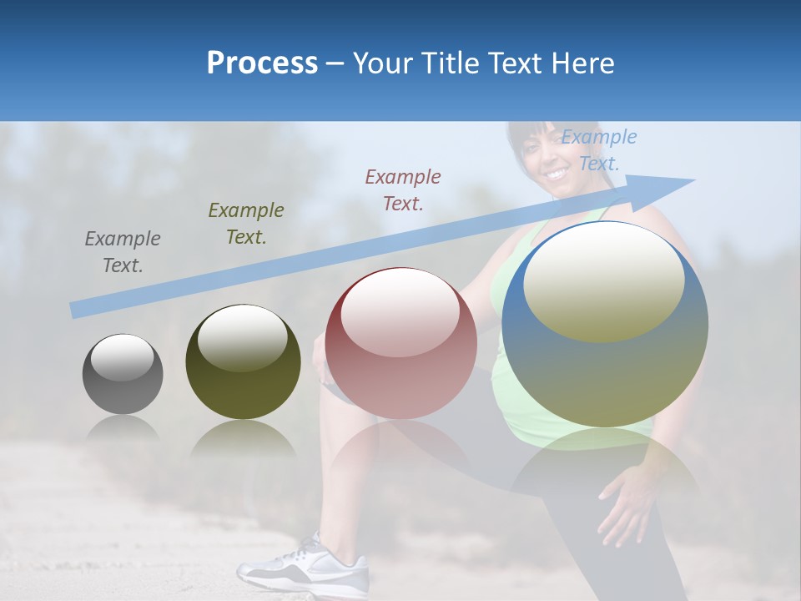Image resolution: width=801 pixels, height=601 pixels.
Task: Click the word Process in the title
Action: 262,63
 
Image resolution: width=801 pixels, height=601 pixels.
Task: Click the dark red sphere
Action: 400,344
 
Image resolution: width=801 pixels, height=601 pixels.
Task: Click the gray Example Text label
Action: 123,252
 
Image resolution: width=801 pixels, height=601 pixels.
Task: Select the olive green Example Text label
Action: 245,224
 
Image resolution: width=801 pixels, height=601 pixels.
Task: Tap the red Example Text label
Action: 403,189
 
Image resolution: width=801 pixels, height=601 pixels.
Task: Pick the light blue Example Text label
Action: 598,150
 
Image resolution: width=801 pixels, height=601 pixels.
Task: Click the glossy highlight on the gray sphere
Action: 123,357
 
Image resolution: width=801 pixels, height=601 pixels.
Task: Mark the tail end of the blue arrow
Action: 75,311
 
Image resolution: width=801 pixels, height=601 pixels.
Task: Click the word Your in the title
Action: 383,63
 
